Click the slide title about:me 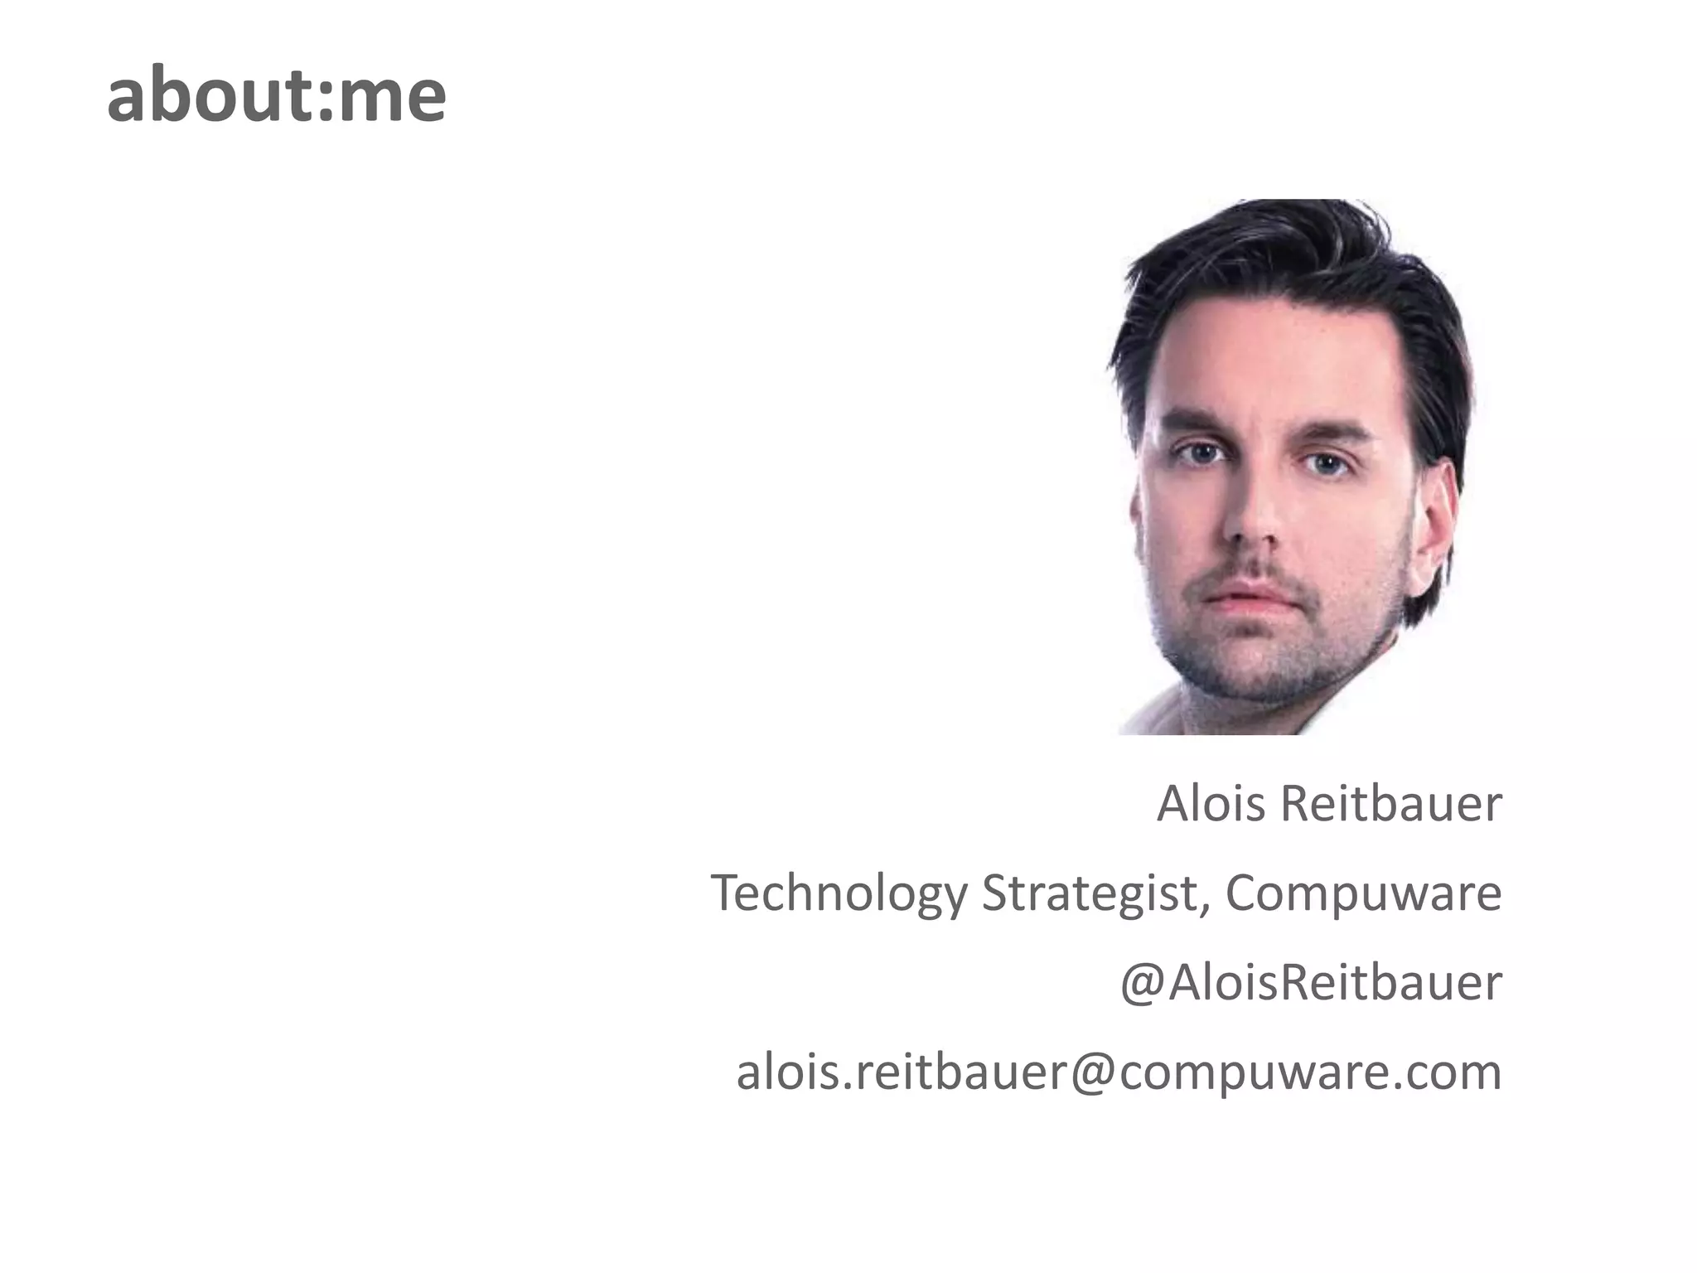(x=276, y=96)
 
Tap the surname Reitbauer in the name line (x=1391, y=804)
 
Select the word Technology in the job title (x=838, y=894)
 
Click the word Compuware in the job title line (x=1363, y=894)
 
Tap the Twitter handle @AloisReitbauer (x=1311, y=984)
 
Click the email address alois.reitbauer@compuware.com (x=1119, y=1072)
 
